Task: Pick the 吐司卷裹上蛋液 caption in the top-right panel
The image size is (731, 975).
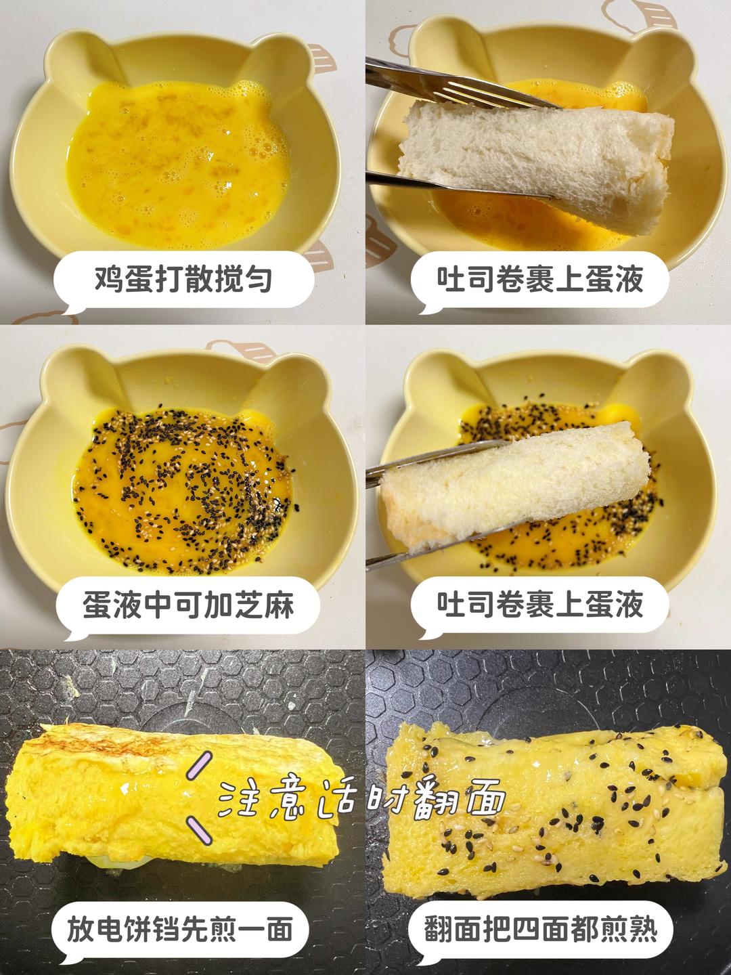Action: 540,279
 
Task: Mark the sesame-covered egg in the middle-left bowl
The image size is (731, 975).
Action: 183,481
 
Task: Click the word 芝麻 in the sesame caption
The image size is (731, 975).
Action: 264,604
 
